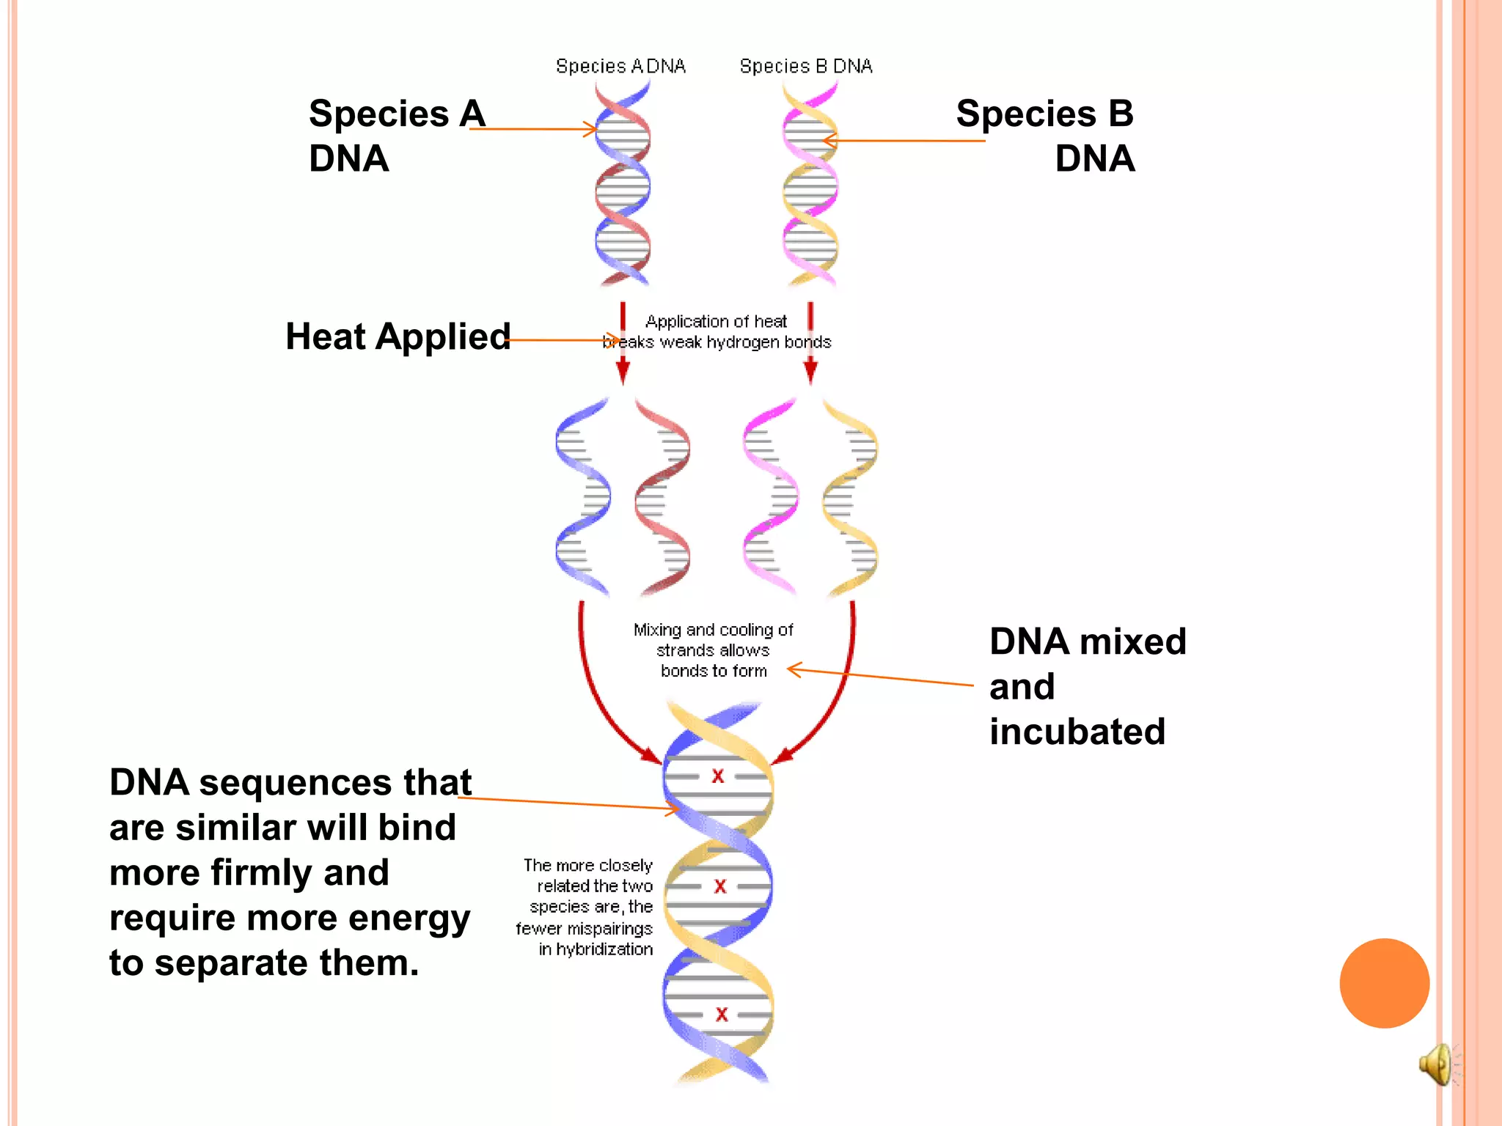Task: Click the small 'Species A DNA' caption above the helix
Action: [620, 67]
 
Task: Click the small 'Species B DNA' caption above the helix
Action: [805, 67]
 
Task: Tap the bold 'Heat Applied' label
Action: [398, 337]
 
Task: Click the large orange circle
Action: [1384, 983]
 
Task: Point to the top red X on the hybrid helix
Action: [718, 776]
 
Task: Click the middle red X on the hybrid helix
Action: [720, 886]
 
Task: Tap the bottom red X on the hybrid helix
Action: [722, 1015]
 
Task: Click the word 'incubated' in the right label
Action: [1077, 732]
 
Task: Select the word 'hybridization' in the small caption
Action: [604, 949]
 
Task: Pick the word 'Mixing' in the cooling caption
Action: [658, 630]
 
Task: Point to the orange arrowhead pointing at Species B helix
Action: [829, 140]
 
